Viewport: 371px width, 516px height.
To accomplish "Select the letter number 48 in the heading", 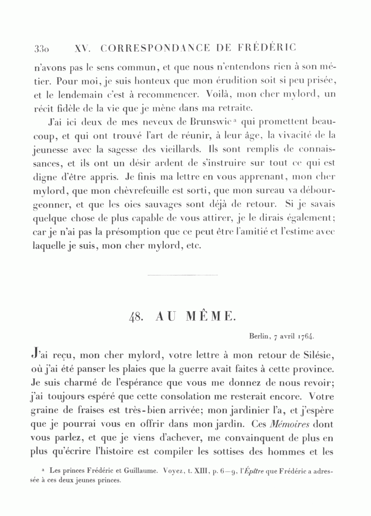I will pos(136,317).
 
